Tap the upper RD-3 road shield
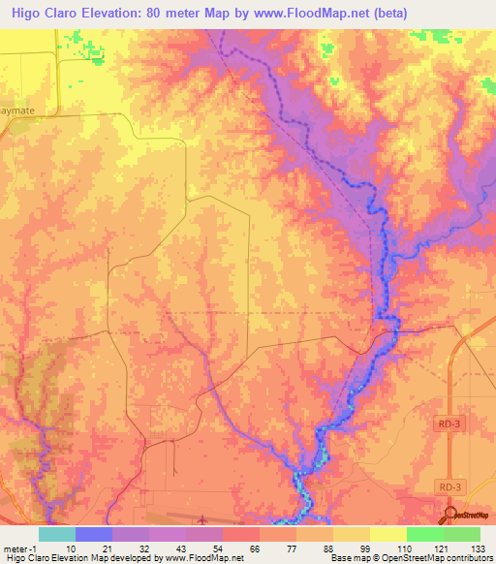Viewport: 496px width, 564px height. tap(446, 423)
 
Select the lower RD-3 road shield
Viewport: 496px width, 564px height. tap(446, 486)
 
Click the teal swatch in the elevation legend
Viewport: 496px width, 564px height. tap(57, 534)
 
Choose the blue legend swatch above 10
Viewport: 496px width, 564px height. tap(94, 534)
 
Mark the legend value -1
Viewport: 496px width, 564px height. tap(36, 548)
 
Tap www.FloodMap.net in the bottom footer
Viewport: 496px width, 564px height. tap(204, 559)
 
